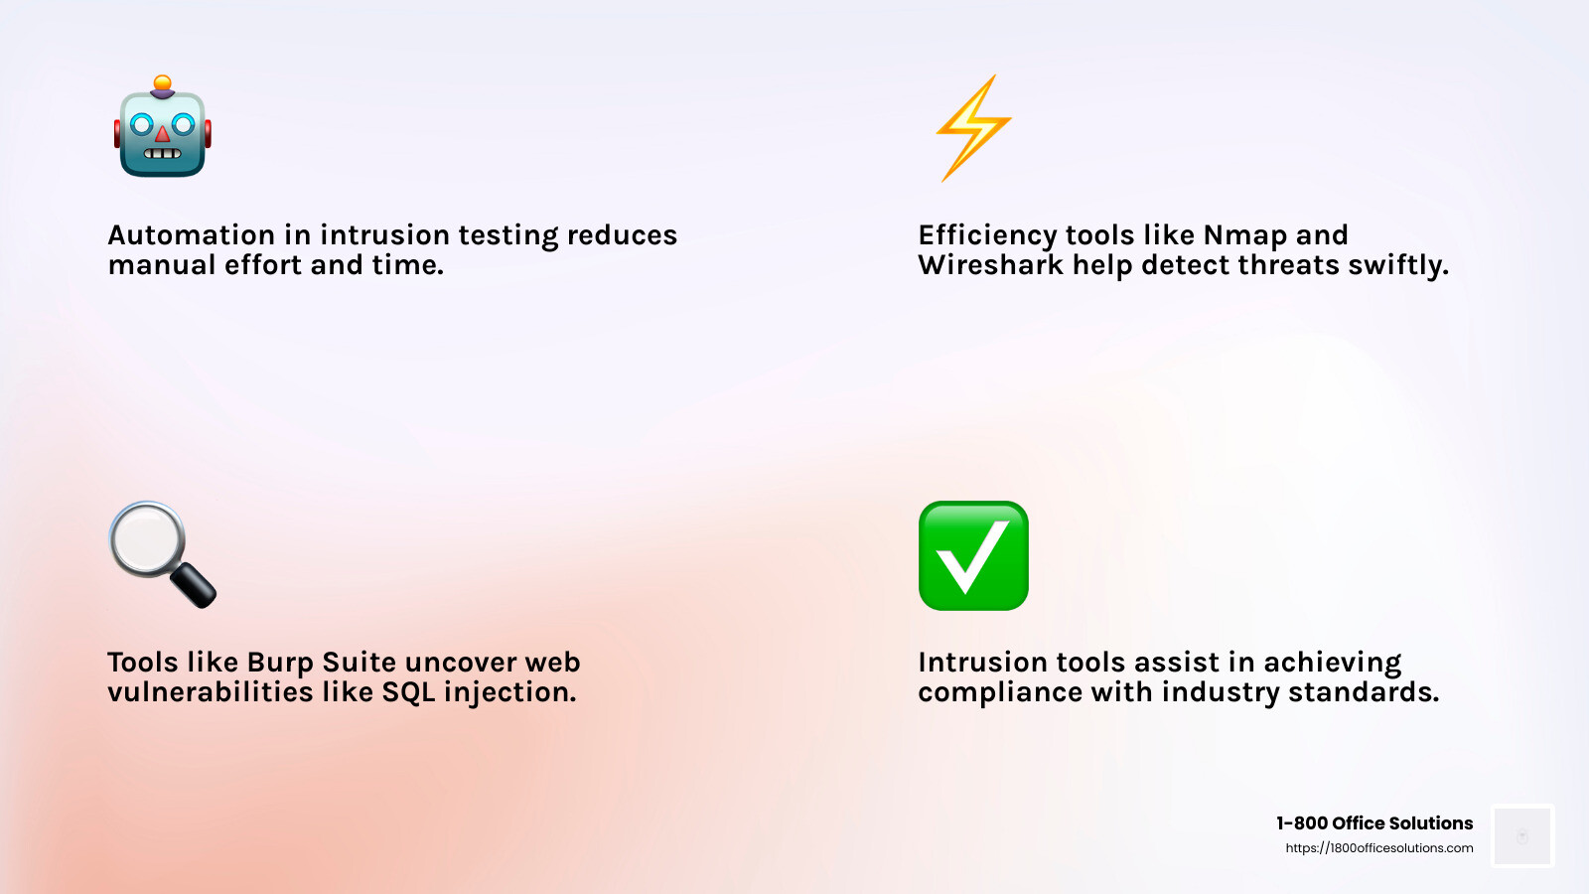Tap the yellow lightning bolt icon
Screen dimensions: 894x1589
pos(973,127)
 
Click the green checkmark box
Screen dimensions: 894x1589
pos(973,555)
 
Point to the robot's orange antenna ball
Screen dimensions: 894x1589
pos(163,82)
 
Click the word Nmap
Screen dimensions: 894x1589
pos(1245,235)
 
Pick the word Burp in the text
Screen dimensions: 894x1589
pos(280,663)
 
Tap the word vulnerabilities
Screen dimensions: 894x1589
pos(210,692)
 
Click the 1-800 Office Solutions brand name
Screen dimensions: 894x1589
pos(1374,823)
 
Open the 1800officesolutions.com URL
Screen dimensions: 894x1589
pos(1379,848)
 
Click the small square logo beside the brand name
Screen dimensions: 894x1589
pos(1522,836)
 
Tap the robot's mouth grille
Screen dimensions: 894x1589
pos(162,154)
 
